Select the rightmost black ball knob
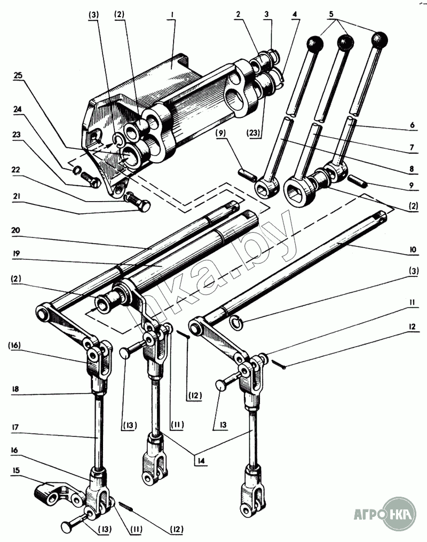coord(379,38)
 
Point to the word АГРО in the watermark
coord(368,515)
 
